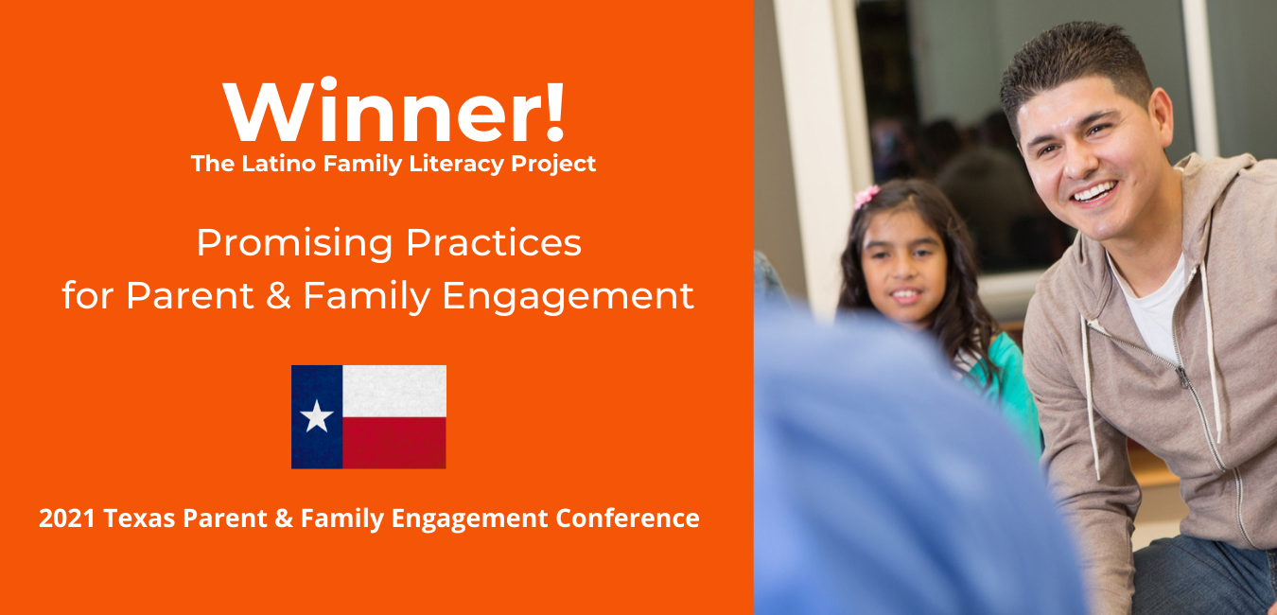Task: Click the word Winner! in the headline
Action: [x=394, y=110]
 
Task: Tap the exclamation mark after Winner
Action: [x=554, y=111]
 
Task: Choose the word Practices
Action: [x=494, y=243]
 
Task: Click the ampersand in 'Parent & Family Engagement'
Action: [x=278, y=296]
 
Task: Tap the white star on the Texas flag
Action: [x=316, y=416]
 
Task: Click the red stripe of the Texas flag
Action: [x=394, y=442]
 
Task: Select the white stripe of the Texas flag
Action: [x=394, y=391]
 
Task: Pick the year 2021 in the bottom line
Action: [x=67, y=518]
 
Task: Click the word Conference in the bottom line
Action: [x=627, y=518]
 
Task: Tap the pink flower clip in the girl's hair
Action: [x=866, y=197]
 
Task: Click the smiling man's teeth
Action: [x=1094, y=191]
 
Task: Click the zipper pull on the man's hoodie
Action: [x=1183, y=377]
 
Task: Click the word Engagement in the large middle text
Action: [x=568, y=296]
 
